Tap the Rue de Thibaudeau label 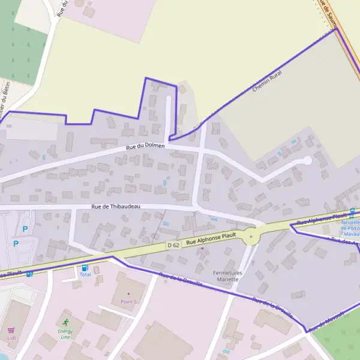(x=115, y=206)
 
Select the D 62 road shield (x=173, y=245)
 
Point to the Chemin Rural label (x=267, y=81)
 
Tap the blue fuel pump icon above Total (x=85, y=268)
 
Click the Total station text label (x=85, y=275)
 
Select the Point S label (x=128, y=301)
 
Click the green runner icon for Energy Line (x=65, y=322)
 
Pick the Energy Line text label (x=65, y=334)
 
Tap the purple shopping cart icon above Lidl (x=11, y=330)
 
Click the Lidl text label (x=11, y=338)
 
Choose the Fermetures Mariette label (x=227, y=276)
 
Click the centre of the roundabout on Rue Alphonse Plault (x=251, y=238)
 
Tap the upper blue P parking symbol (x=25, y=229)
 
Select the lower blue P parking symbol (x=16, y=244)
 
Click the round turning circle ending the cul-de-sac (x=307, y=160)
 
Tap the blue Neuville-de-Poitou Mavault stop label (x=350, y=227)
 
